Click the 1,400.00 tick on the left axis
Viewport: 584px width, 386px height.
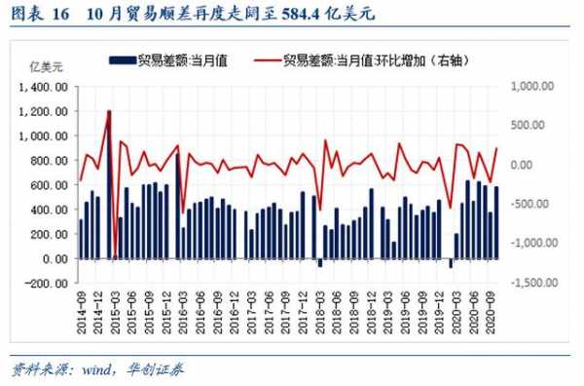pyautogui.click(x=47, y=86)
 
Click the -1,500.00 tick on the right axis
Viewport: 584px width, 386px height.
pyautogui.click(x=530, y=283)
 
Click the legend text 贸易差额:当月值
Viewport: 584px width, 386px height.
pyautogui.click(x=182, y=60)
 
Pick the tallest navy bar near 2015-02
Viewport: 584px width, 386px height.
pyautogui.click(x=109, y=185)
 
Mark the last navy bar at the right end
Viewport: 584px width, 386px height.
pyautogui.click(x=497, y=222)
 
